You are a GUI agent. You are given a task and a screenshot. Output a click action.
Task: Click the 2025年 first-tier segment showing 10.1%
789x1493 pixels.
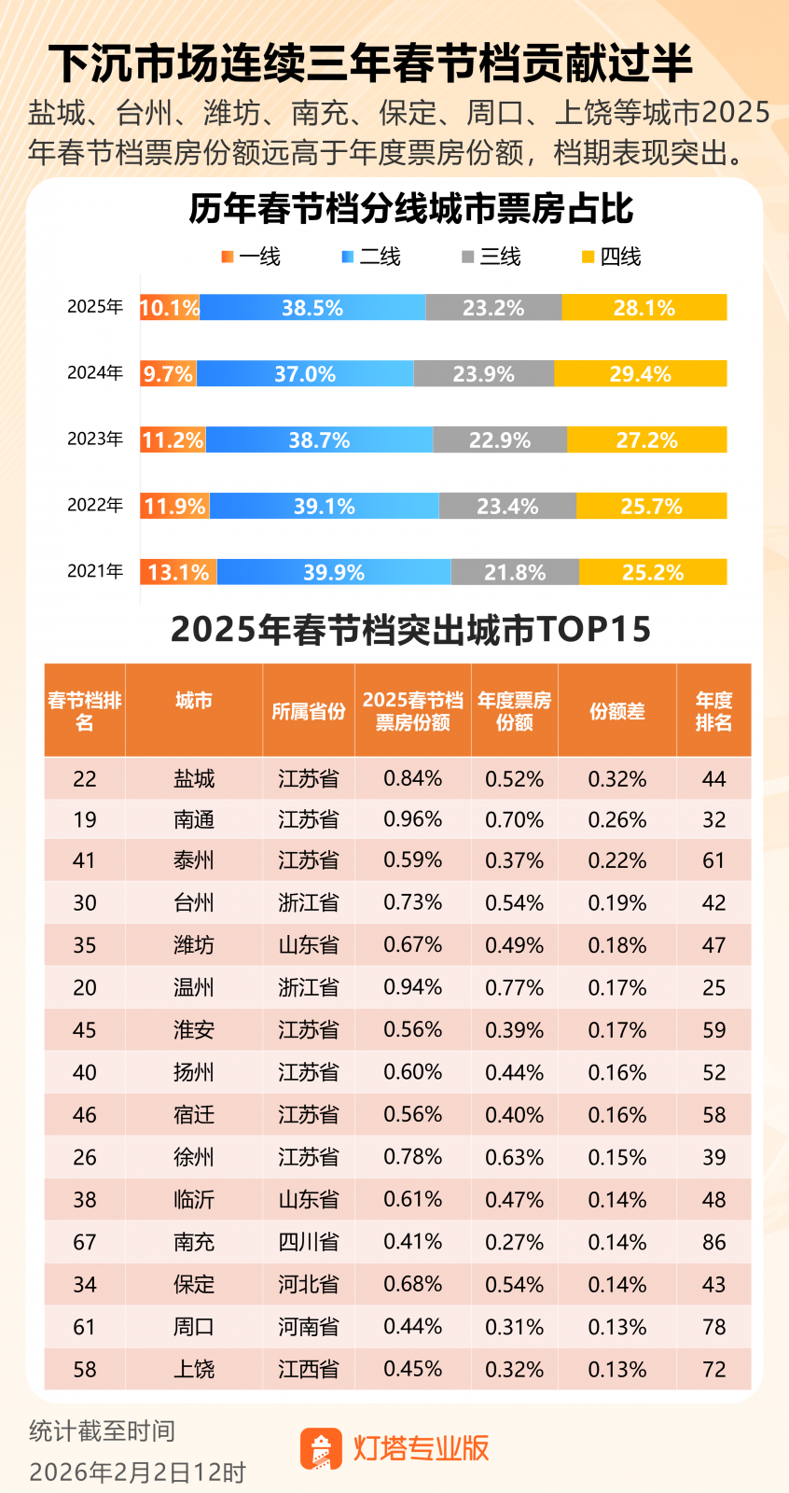click(170, 308)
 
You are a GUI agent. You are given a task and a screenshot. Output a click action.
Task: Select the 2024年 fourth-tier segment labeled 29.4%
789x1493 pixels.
click(640, 374)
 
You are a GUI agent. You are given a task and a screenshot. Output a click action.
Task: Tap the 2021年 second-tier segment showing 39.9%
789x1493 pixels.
click(334, 572)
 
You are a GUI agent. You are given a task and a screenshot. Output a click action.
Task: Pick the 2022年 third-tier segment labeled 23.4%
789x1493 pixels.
click(507, 507)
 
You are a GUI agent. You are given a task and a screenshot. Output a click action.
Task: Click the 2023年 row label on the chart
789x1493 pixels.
click(95, 439)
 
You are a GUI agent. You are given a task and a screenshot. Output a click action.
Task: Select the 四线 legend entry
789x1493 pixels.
click(612, 257)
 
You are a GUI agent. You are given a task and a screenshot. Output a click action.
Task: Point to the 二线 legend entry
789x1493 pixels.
click(371, 257)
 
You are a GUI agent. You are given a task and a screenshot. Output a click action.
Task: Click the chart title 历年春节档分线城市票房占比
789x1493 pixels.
click(410, 209)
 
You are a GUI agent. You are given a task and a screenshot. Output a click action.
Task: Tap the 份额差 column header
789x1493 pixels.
click(616, 711)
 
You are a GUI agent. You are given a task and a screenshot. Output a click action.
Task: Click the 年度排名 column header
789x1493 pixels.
click(713, 711)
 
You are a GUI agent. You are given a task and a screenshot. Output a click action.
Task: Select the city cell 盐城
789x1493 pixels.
click(194, 778)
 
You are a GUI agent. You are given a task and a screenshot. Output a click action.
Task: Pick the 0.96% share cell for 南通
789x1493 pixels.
click(413, 819)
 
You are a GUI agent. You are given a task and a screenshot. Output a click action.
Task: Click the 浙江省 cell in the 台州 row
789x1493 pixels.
click(309, 902)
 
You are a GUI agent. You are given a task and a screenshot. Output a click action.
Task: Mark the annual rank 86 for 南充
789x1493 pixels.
click(713, 1242)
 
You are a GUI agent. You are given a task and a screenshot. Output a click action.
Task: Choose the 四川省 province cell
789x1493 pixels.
click(309, 1242)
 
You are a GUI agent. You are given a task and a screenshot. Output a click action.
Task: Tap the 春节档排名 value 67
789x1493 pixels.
click(85, 1242)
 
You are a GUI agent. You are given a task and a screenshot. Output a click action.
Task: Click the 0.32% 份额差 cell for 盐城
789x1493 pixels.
click(616, 778)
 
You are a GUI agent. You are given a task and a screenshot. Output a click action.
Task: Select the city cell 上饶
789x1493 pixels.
click(194, 1369)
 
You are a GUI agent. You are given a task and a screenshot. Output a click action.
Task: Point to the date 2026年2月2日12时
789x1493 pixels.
click(137, 1472)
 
